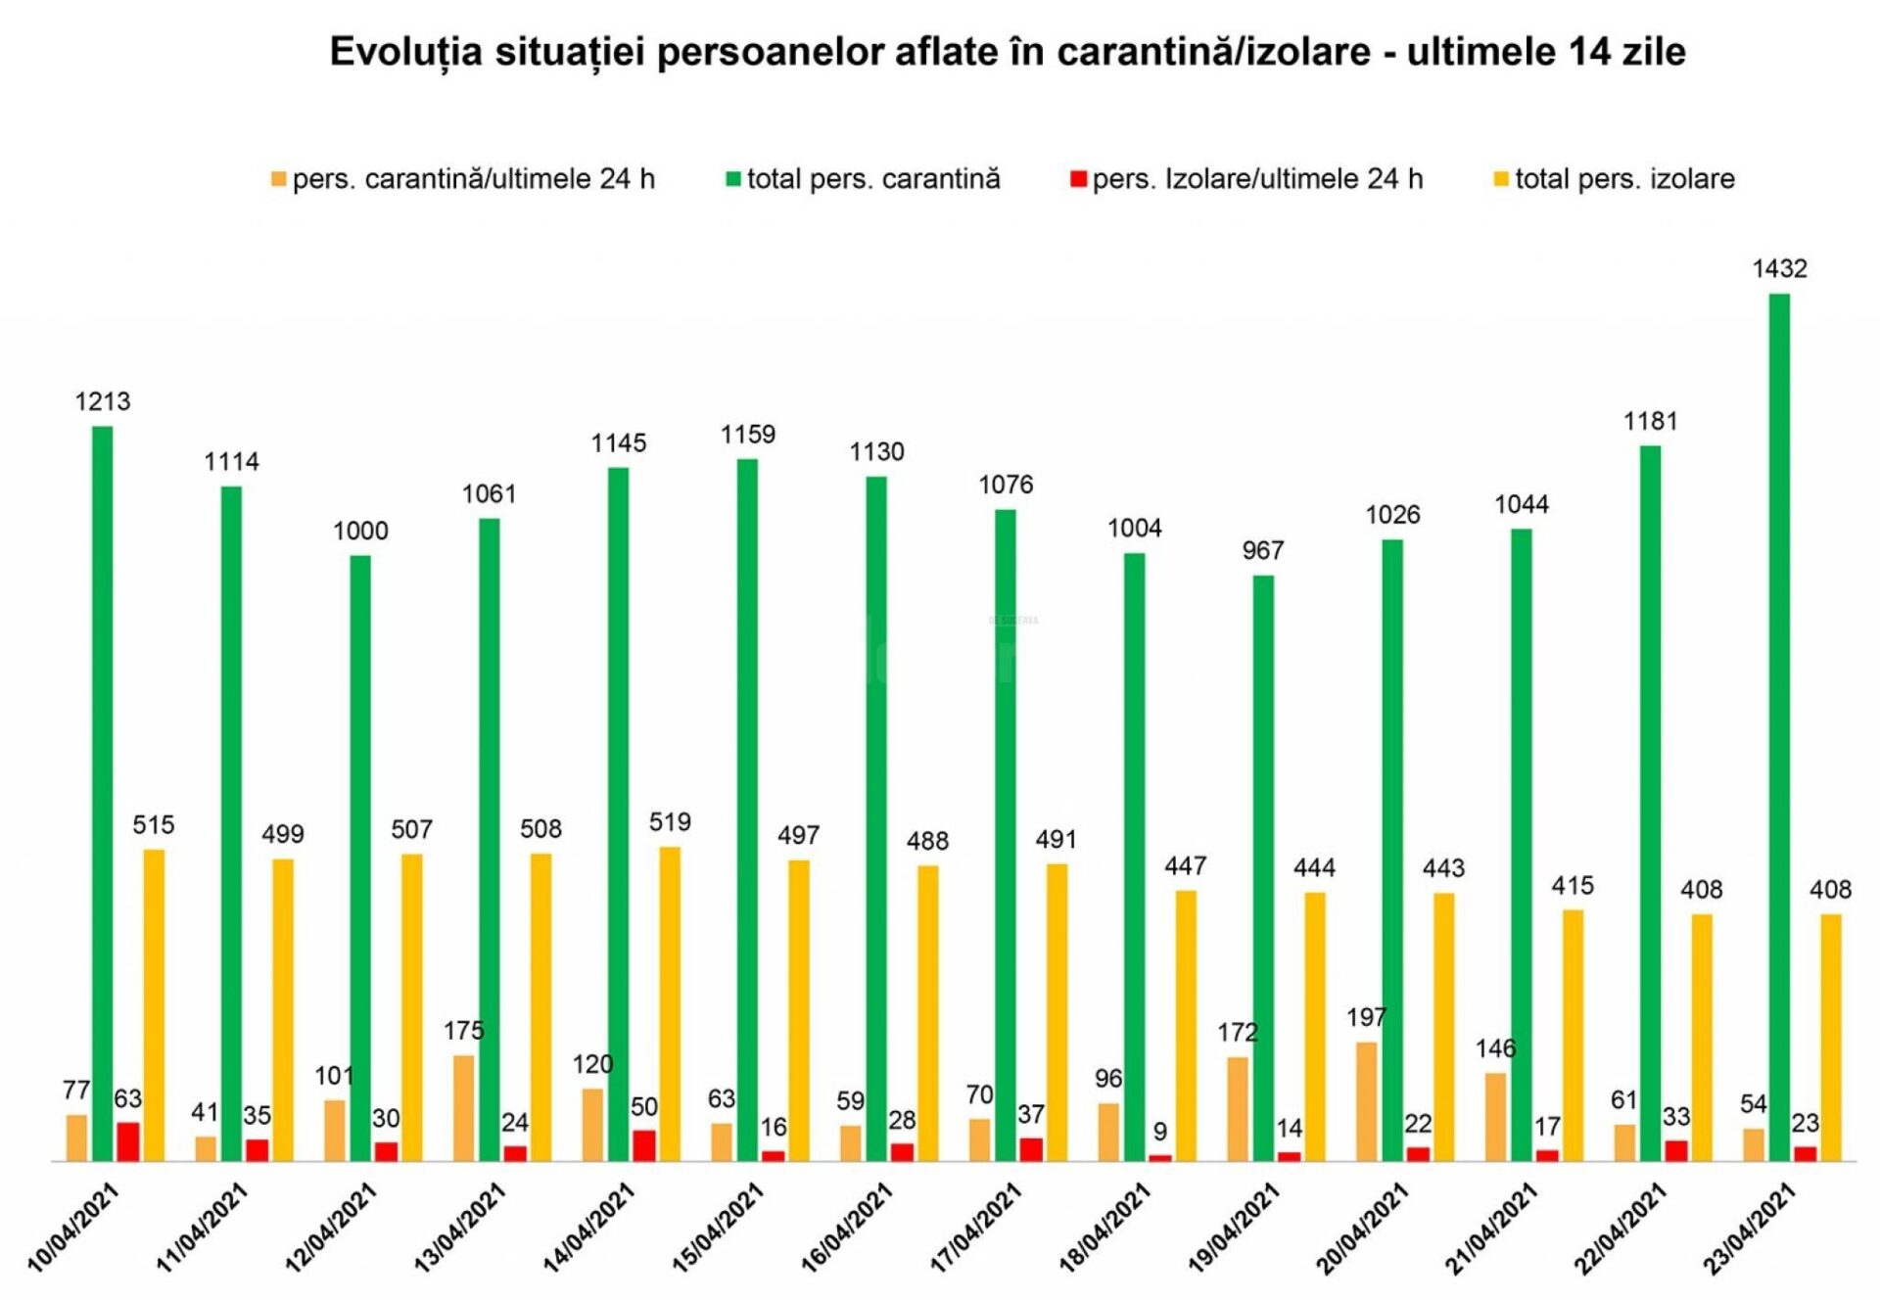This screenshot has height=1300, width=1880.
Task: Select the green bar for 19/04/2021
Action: (x=1263, y=867)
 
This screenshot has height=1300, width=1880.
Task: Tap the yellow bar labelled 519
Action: (x=670, y=1003)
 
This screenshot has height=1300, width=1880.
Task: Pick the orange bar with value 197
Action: (x=1366, y=1101)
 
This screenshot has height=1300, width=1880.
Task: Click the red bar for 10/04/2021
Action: (x=128, y=1141)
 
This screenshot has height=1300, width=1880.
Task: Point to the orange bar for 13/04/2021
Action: (x=463, y=1107)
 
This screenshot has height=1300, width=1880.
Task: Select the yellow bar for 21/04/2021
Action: (x=1573, y=1035)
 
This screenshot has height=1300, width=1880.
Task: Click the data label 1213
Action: (x=103, y=401)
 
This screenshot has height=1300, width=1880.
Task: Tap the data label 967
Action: (x=1263, y=550)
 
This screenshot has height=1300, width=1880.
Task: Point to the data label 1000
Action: (x=360, y=531)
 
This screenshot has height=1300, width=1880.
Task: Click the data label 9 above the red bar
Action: (x=1159, y=1131)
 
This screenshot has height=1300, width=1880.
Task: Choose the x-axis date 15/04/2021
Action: (x=718, y=1228)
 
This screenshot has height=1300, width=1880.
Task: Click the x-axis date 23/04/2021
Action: (x=1750, y=1228)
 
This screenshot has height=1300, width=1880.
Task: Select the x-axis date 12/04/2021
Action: (x=331, y=1228)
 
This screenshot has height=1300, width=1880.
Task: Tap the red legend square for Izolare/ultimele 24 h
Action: (x=1078, y=179)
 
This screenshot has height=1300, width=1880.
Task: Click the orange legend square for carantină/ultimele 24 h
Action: (x=279, y=179)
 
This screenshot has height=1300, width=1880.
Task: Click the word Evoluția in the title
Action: (x=405, y=52)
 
